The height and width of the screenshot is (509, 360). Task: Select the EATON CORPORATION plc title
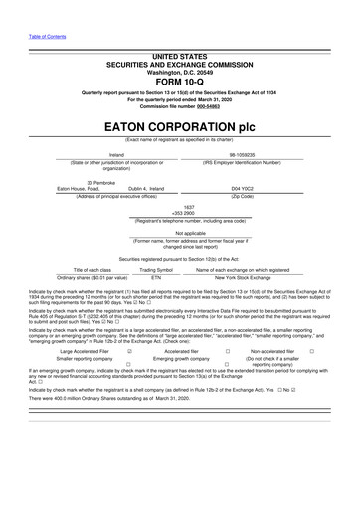pos(180,128)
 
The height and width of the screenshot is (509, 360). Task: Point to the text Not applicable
pos(180,234)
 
